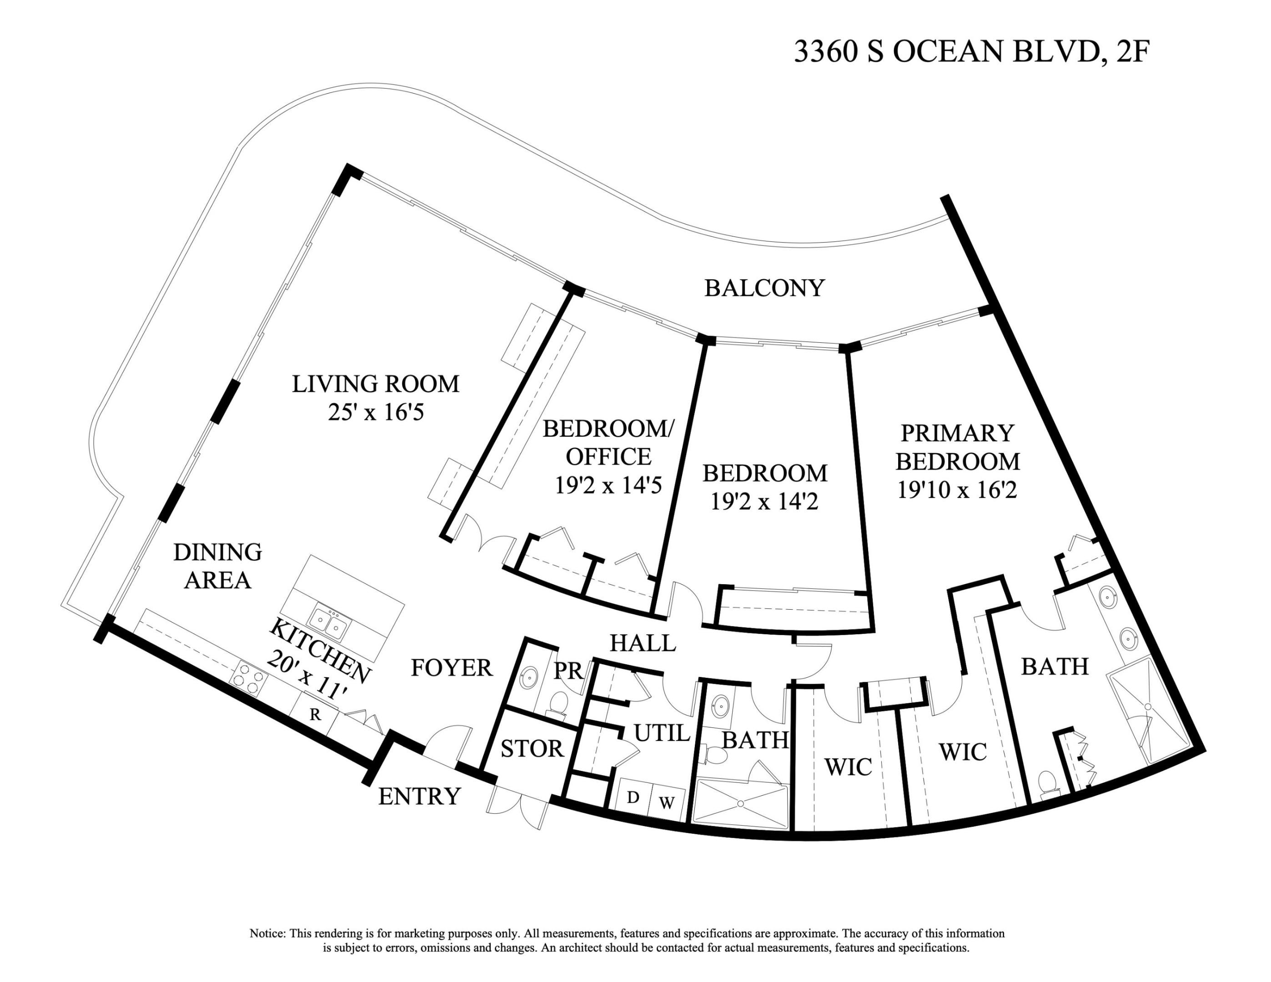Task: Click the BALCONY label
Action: coord(764,288)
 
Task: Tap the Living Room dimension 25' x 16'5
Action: coord(375,412)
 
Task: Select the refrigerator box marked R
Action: coord(315,714)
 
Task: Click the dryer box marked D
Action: coord(633,797)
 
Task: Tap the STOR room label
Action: coord(532,749)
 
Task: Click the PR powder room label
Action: coord(568,671)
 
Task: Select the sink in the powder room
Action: coord(528,678)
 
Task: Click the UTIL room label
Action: coord(662,733)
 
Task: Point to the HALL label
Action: coord(643,643)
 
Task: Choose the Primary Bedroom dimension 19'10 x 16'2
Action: coord(957,491)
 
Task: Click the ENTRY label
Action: coord(419,797)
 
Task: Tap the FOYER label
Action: coord(452,668)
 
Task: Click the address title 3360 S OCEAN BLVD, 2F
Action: coord(971,52)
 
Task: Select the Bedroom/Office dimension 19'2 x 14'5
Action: coord(608,485)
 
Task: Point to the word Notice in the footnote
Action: coord(266,934)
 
